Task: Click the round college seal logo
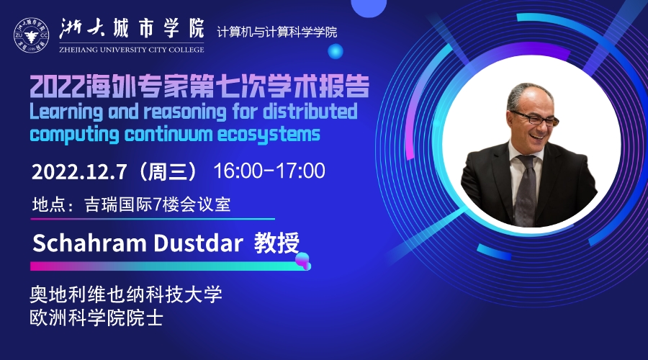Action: (x=31, y=35)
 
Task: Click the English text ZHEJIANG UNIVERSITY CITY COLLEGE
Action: (x=132, y=50)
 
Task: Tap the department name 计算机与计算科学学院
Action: (x=277, y=32)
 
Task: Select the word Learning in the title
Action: (x=66, y=112)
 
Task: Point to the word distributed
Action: (x=310, y=111)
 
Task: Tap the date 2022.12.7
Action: (x=79, y=171)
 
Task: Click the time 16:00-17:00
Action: (x=269, y=171)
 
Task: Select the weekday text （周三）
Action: (x=168, y=171)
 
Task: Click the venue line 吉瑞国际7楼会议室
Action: (x=158, y=204)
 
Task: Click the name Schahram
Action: (x=89, y=243)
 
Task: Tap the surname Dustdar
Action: (x=198, y=243)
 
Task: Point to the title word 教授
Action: (x=276, y=243)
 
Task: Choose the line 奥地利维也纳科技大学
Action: (x=126, y=294)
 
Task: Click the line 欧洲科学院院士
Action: (x=96, y=318)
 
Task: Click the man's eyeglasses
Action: (x=535, y=119)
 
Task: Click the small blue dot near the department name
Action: (x=335, y=51)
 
